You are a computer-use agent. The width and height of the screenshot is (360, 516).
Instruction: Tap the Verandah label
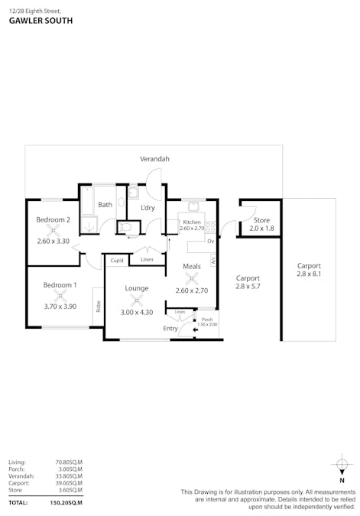(x=154, y=159)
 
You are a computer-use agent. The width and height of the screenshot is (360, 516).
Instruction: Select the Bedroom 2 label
(x=54, y=220)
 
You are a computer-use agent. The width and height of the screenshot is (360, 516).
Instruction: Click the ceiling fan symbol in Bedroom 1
(x=60, y=295)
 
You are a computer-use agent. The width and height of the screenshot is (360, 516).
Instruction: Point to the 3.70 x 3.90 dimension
(x=60, y=305)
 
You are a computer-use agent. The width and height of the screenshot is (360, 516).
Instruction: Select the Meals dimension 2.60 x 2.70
(x=192, y=290)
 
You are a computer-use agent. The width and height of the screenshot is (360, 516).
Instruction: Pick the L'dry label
(x=148, y=208)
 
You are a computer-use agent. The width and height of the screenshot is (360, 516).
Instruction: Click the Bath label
(x=105, y=204)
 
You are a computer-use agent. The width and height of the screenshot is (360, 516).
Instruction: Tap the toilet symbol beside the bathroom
(x=128, y=227)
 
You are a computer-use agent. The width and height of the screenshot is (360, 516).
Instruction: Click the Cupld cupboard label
(x=116, y=261)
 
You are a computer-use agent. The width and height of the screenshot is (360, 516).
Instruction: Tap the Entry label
(x=170, y=329)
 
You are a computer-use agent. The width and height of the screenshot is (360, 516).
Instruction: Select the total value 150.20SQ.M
(x=66, y=503)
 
